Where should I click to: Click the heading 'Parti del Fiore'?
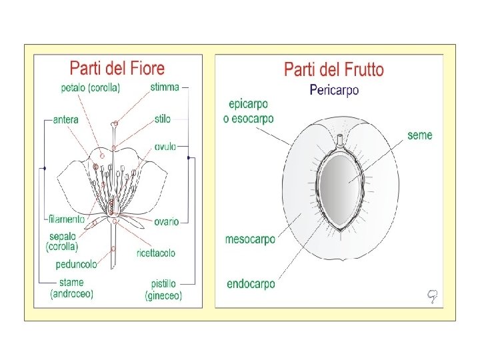pyautogui.click(x=117, y=68)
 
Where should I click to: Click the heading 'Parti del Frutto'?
pyautogui.click(x=334, y=69)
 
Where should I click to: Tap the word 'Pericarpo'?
pyautogui.click(x=334, y=90)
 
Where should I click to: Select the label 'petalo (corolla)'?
pyautogui.click(x=90, y=87)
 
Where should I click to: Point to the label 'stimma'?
pyautogui.click(x=165, y=87)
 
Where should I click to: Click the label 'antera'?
pyautogui.click(x=66, y=120)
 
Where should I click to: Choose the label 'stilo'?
pyautogui.click(x=162, y=119)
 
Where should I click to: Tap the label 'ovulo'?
pyautogui.click(x=165, y=147)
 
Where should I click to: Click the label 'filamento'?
pyautogui.click(x=67, y=219)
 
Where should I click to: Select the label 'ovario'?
pyautogui.click(x=166, y=221)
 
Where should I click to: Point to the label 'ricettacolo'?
pyautogui.click(x=156, y=253)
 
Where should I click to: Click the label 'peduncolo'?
pyautogui.click(x=76, y=264)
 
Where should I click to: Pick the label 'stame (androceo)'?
pyautogui.click(x=72, y=288)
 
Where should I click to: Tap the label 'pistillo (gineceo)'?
pyautogui.click(x=163, y=290)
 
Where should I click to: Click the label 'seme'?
pyautogui.click(x=420, y=135)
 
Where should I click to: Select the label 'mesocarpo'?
pyautogui.click(x=250, y=239)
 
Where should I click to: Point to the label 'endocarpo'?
pyautogui.click(x=251, y=284)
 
